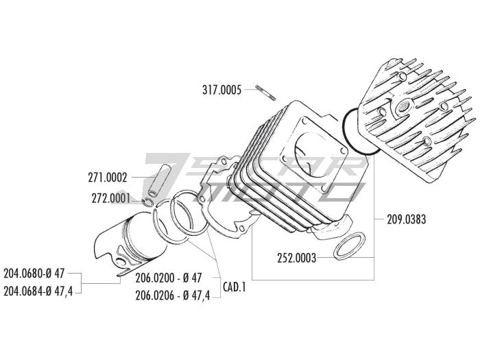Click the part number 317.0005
tap(221, 91)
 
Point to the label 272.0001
tap(111, 198)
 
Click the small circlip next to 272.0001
tap(149, 202)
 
